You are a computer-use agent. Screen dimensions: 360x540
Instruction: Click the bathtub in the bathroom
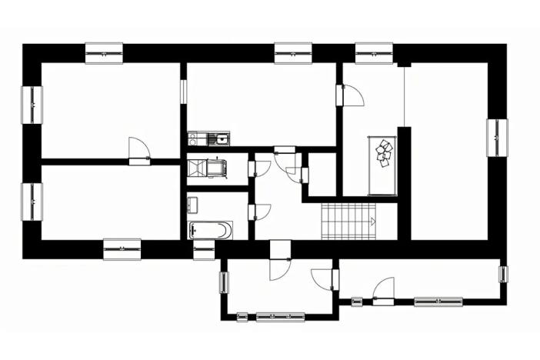(x=210, y=229)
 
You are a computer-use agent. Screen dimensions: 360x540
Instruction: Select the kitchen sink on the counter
(x=221, y=139)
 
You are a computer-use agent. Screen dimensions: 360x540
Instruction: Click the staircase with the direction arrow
(x=347, y=222)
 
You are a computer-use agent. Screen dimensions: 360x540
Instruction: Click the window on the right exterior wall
(x=497, y=138)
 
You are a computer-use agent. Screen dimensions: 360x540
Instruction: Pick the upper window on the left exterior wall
(x=32, y=105)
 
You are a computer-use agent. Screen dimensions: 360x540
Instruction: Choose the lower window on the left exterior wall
(x=32, y=202)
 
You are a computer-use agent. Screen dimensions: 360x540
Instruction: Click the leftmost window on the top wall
(x=104, y=53)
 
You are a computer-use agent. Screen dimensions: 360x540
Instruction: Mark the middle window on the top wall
(x=294, y=53)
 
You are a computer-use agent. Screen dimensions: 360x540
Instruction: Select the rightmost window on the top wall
(x=375, y=53)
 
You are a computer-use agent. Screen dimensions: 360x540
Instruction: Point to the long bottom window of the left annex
(x=280, y=316)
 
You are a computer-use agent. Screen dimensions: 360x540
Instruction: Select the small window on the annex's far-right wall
(x=503, y=274)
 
